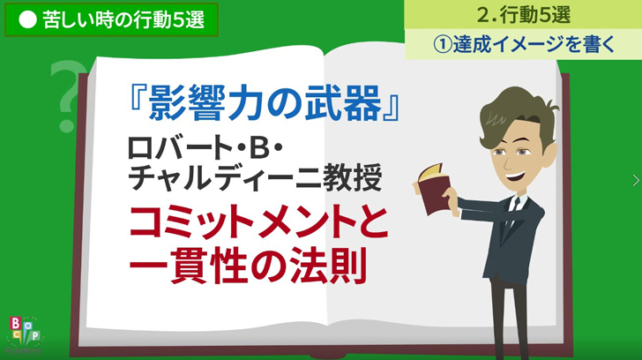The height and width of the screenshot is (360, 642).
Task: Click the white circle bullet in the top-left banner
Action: click(28, 19)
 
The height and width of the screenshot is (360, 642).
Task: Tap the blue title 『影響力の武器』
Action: click(265, 103)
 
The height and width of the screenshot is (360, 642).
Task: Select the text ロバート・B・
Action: click(205, 147)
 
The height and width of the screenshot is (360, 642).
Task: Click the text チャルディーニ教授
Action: click(255, 177)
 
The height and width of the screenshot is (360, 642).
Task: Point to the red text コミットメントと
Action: click(258, 223)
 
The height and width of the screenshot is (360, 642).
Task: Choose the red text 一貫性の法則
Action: click(248, 266)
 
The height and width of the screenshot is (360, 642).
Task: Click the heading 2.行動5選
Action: click(524, 15)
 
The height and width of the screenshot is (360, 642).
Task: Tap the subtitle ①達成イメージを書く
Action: click(524, 44)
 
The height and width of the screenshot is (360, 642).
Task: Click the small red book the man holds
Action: click(435, 189)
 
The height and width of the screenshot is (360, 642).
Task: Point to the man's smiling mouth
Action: click(516, 177)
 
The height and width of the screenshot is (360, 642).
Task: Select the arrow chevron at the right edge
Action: click(636, 180)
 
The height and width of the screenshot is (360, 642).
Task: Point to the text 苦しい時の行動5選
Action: click(123, 19)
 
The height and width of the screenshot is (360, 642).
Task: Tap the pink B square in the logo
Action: click(15, 323)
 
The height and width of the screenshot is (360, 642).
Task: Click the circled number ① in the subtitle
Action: click(442, 44)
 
